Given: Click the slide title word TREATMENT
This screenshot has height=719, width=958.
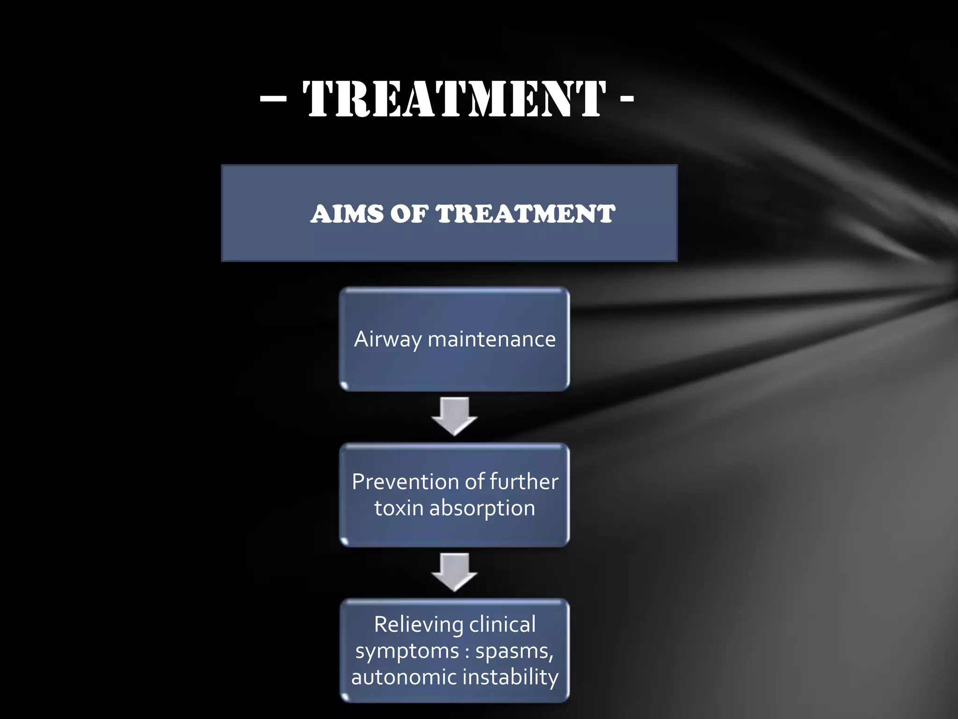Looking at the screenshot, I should [454, 99].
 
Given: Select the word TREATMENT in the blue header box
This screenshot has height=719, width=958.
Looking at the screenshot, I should [525, 214].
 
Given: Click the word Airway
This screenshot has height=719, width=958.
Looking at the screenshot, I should [388, 340].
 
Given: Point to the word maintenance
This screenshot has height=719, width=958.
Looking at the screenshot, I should [492, 339].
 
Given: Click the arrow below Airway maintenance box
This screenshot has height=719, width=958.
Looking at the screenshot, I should [454, 416].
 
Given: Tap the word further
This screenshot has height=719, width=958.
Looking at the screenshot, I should [524, 482].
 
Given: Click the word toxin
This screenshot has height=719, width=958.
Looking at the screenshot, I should [399, 508].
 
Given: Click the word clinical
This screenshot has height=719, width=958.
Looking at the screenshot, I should [502, 624].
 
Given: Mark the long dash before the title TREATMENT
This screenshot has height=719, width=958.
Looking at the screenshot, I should [273, 99].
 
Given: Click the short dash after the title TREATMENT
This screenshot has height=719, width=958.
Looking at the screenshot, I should [627, 99].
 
